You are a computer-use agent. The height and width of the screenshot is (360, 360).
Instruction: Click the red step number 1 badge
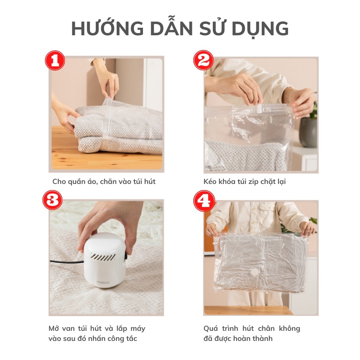click(54, 60)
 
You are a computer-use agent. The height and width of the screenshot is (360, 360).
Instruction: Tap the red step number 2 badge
click(203, 60)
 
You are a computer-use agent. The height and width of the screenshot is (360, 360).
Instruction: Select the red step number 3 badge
click(53, 200)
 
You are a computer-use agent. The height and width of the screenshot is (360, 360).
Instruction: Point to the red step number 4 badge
click(204, 201)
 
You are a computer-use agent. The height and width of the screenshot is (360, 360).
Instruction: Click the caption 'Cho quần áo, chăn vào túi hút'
click(104, 181)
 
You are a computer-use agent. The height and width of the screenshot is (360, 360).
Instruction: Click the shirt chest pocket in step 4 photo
click(268, 212)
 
